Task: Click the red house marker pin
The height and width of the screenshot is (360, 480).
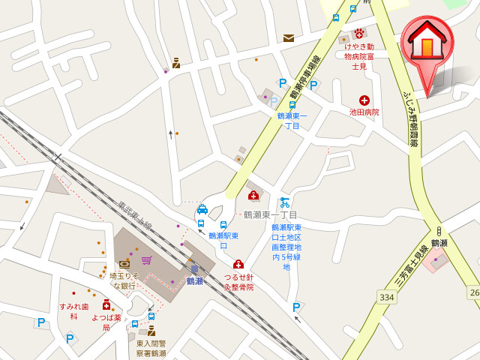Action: click(426, 45)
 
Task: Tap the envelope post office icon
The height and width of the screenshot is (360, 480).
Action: click(289, 37)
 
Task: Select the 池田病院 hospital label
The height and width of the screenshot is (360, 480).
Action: click(364, 112)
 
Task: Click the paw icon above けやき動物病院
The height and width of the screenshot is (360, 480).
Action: click(359, 33)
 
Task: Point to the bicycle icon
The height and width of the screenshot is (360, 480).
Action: click(284, 202)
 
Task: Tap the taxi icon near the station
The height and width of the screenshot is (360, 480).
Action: click(202, 209)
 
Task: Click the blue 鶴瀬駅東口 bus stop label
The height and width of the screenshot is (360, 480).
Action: click(223, 240)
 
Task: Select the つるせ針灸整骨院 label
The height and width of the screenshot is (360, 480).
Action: click(238, 282)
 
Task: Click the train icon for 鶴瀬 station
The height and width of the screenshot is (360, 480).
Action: click(194, 269)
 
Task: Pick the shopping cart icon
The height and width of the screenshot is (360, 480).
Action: click(146, 260)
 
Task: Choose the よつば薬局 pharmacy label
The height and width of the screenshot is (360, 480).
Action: click(106, 322)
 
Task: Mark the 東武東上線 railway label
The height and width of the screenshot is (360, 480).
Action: click(135, 216)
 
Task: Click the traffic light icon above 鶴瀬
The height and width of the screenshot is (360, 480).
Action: click(439, 231)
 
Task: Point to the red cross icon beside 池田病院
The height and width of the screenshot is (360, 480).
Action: click(364, 100)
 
